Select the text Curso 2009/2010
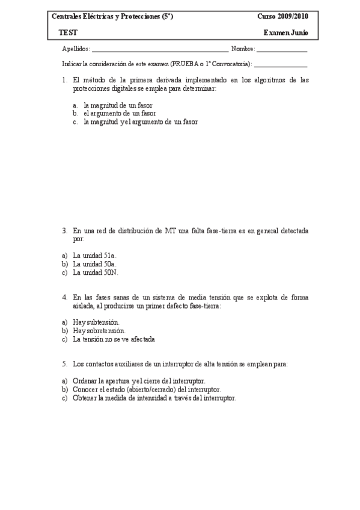tap(282, 17)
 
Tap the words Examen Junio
tap(286, 32)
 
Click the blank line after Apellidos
tap(160, 51)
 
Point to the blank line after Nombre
tap(282, 51)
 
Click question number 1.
tap(64, 79)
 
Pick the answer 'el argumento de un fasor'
tap(120, 112)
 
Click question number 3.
tap(64, 230)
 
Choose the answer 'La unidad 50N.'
tap(96, 272)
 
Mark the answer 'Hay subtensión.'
tap(96, 322)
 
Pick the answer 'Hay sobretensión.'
tap(99, 331)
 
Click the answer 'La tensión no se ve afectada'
tap(114, 339)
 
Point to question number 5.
tap(64, 364)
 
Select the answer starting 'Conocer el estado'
tap(147, 390)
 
